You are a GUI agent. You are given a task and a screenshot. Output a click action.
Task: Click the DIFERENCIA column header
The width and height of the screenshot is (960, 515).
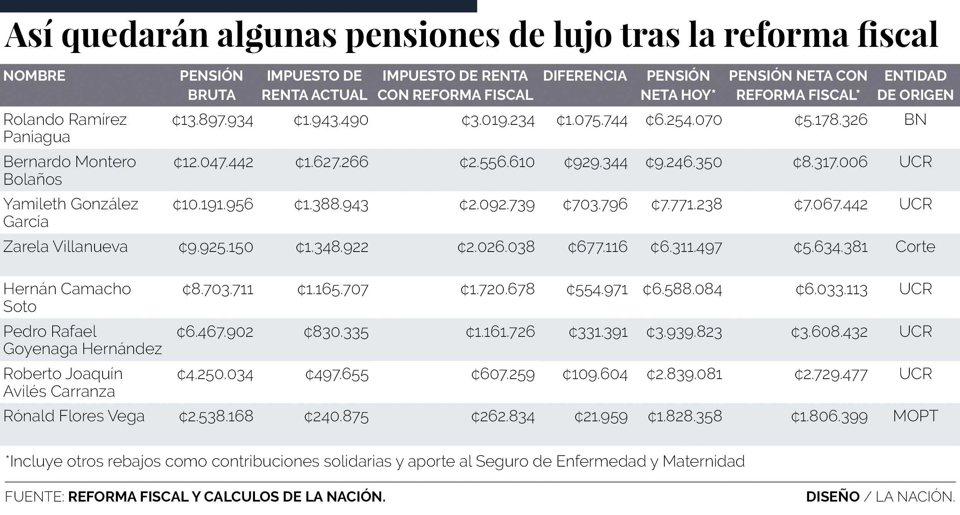tap(585, 76)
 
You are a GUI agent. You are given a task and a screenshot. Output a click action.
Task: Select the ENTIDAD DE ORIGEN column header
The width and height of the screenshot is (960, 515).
tap(915, 85)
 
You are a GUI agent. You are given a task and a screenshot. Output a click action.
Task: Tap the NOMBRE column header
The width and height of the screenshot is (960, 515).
tap(34, 76)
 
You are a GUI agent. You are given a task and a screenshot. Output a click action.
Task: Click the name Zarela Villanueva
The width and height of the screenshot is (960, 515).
tap(65, 247)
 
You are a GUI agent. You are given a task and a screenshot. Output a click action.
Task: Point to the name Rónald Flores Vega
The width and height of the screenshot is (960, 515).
tap(74, 416)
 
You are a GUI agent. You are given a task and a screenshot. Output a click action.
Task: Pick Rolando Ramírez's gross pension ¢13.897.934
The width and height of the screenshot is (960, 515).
tap(212, 121)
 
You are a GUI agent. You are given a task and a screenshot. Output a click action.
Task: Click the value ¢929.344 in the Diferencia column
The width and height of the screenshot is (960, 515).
tap(596, 162)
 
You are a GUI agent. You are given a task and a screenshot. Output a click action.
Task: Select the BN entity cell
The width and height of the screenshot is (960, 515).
tap(915, 120)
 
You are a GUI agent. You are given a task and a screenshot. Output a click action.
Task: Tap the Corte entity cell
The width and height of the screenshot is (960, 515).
tap(915, 247)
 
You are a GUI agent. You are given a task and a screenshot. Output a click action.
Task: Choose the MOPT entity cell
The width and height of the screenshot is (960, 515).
tap(915, 416)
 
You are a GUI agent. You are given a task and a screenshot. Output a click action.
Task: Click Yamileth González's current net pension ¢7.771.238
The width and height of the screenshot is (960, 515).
tap(686, 205)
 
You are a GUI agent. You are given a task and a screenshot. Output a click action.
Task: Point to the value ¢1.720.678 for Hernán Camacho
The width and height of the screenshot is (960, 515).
tap(497, 290)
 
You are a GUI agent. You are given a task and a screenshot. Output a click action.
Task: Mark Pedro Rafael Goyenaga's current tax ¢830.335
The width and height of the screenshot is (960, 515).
tap(336, 332)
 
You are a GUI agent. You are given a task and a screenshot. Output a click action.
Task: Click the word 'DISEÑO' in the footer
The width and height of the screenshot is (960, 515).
tap(833, 497)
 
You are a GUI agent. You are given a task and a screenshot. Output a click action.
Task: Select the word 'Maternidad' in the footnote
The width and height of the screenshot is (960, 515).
tap(703, 461)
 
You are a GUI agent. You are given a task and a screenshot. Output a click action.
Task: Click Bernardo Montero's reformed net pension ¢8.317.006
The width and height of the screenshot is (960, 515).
tap(830, 162)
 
